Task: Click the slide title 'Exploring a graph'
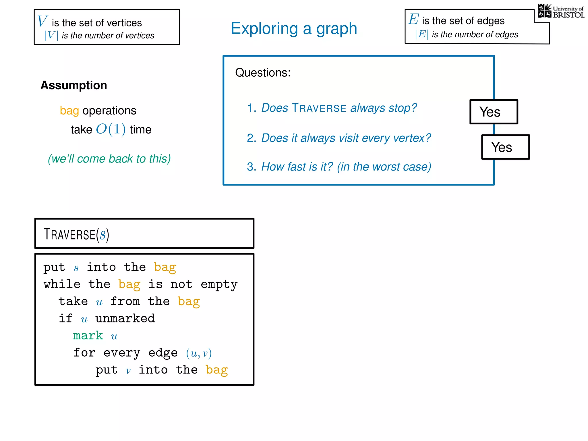click(x=294, y=28)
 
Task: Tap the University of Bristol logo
click(x=561, y=11)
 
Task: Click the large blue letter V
click(x=42, y=21)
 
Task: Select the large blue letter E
click(x=413, y=20)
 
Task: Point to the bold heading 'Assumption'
click(x=74, y=85)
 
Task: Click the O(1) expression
click(x=111, y=129)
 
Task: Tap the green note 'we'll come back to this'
click(x=109, y=159)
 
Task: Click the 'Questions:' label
click(x=263, y=73)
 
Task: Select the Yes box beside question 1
click(x=494, y=112)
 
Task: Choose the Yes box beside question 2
click(x=505, y=147)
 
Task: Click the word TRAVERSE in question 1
click(x=319, y=108)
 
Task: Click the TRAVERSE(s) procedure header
click(x=76, y=234)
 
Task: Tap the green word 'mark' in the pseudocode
click(x=88, y=336)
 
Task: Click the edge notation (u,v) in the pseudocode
click(x=199, y=353)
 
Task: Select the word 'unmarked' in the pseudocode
click(x=125, y=318)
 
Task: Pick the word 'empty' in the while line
click(x=219, y=285)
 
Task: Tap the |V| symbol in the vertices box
click(x=51, y=35)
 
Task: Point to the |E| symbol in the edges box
click(x=422, y=34)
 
